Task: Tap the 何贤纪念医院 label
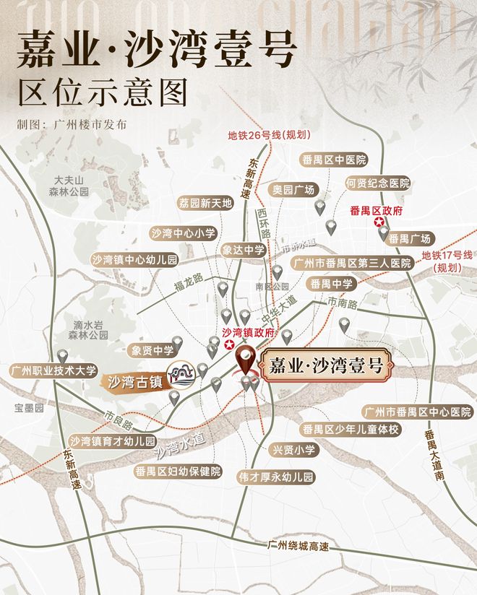377,183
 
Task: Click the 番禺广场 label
409,238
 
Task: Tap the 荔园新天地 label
206,204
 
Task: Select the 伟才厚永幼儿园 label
277,477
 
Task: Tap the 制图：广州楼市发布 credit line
72,123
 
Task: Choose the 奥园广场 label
293,190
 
